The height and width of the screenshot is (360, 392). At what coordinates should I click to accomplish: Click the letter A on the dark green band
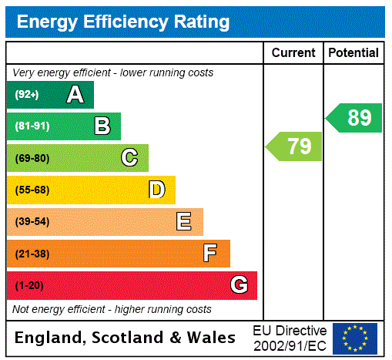click(75, 95)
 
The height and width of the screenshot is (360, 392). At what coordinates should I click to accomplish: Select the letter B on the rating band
click(102, 126)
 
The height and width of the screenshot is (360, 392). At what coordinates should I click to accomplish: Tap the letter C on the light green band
click(129, 158)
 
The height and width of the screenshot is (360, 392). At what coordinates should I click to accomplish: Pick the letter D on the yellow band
click(156, 190)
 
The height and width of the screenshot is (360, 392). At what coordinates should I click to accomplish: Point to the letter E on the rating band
click(184, 222)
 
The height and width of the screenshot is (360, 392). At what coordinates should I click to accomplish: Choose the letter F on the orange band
click(210, 253)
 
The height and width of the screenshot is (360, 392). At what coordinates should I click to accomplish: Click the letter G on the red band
click(239, 285)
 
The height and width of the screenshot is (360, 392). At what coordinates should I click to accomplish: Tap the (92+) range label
click(27, 96)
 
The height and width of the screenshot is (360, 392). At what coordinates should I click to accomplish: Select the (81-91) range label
click(32, 126)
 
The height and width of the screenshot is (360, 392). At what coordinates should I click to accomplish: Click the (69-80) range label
click(32, 158)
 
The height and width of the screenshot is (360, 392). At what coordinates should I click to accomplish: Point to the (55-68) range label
click(32, 190)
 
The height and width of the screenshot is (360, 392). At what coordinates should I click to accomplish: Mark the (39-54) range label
click(32, 222)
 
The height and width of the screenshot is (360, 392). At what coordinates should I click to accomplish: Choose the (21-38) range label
click(32, 254)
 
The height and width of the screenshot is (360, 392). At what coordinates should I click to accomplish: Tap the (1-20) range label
click(29, 286)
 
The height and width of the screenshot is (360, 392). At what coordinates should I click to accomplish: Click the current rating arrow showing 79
click(295, 146)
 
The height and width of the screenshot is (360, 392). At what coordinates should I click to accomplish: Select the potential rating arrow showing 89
click(355, 118)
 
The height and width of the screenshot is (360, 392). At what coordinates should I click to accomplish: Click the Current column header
click(293, 53)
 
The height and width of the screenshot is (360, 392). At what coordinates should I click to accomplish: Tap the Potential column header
click(353, 53)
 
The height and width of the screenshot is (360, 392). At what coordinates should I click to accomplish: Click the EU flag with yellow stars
click(355, 338)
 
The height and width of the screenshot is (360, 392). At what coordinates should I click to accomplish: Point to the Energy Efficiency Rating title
click(123, 22)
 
